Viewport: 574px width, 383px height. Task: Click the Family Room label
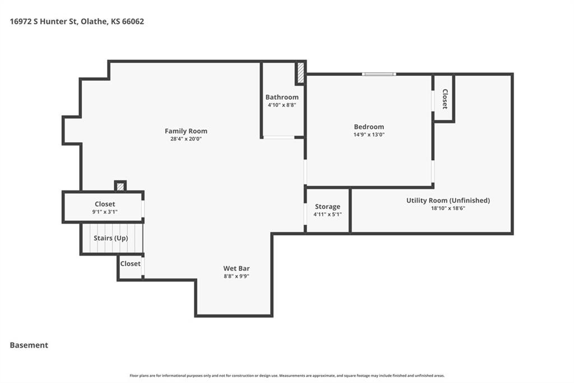coord(186,131)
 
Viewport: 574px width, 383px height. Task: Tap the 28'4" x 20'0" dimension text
coord(186,139)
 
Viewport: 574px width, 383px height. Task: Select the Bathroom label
coord(282,97)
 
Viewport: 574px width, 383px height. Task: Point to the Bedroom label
coord(369,127)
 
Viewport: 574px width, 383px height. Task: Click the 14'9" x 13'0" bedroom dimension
coord(369,135)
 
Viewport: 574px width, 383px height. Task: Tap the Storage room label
coord(327,207)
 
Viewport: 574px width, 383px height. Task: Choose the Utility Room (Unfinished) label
coord(448,200)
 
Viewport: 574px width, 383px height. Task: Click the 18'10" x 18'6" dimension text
coord(448,208)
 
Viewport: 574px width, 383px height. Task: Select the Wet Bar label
coord(237,268)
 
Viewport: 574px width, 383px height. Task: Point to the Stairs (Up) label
coord(111,238)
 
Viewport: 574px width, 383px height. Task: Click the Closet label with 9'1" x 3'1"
coord(105,204)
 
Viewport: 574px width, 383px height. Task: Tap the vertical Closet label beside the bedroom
coord(445,99)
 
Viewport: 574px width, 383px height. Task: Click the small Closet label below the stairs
coord(130,264)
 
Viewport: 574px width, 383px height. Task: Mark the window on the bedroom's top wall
coord(379,74)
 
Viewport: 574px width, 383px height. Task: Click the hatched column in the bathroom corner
coord(300,72)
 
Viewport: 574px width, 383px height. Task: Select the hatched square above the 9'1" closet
coord(121,186)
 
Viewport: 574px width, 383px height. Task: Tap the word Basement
coord(29,345)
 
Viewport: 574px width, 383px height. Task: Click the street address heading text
coord(77,22)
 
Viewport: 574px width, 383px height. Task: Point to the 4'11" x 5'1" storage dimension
coord(327,215)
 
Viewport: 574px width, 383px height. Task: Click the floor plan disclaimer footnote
coord(287,376)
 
